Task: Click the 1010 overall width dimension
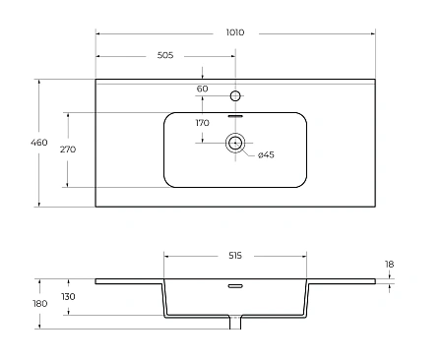point(235,32)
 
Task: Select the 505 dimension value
point(165,55)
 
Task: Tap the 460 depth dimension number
point(39,143)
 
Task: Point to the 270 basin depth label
point(68,150)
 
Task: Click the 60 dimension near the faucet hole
point(203,89)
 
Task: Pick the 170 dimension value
point(203,123)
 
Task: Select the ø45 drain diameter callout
point(266,154)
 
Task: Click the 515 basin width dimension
point(235,256)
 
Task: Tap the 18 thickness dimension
point(389,265)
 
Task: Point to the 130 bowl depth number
point(68,297)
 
